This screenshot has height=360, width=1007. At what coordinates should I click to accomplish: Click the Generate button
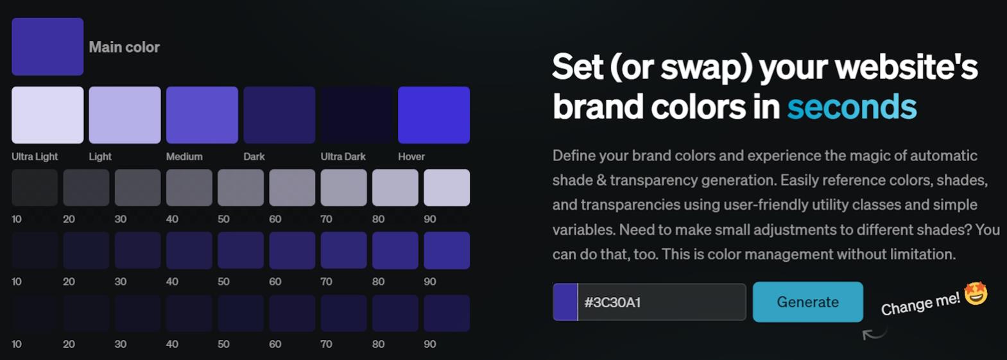click(x=808, y=302)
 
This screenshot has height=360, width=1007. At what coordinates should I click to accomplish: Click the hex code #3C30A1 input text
click(x=612, y=302)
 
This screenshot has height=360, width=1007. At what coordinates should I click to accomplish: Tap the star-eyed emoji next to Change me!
click(x=976, y=293)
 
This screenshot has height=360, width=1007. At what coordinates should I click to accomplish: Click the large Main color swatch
click(x=47, y=47)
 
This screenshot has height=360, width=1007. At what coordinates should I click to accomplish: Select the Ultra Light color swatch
click(x=47, y=115)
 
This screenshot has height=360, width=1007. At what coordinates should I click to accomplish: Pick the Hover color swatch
click(x=434, y=115)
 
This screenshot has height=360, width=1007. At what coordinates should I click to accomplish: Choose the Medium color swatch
click(x=202, y=115)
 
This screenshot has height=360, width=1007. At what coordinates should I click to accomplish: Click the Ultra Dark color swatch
click(x=356, y=115)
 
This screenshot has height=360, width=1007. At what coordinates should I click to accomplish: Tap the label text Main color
click(x=124, y=47)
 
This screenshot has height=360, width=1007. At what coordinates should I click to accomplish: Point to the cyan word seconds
click(x=852, y=107)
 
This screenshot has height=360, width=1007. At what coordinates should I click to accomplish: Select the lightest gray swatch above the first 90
click(x=447, y=187)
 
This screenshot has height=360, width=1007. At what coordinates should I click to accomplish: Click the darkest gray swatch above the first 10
click(x=35, y=187)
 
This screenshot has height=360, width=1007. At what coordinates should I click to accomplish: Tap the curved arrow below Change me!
click(x=874, y=334)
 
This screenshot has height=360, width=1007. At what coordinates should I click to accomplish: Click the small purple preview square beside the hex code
click(x=565, y=302)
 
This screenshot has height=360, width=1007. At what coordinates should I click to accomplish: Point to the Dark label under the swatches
click(x=254, y=157)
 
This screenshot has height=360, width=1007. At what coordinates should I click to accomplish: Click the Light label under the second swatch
click(x=100, y=157)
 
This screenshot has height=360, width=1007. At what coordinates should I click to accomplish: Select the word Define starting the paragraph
click(x=574, y=155)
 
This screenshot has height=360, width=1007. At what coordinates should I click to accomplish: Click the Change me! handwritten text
click(x=920, y=304)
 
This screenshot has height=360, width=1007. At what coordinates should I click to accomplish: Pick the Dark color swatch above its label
click(x=280, y=115)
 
